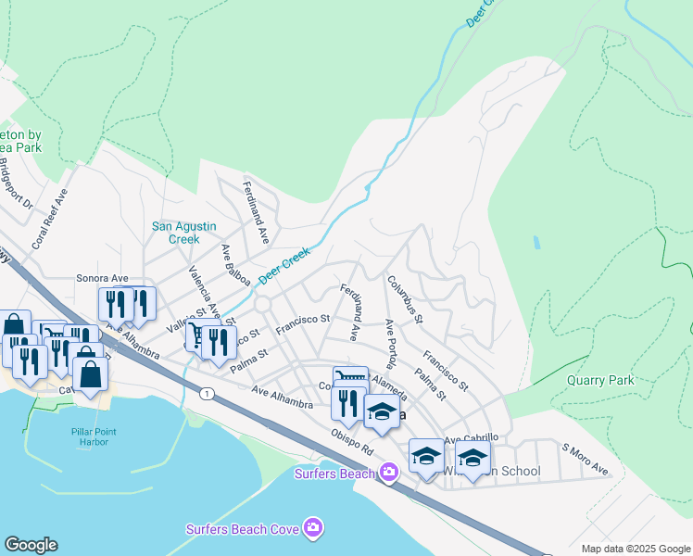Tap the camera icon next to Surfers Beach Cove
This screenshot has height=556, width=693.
314,527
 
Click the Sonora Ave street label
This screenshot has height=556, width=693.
102,278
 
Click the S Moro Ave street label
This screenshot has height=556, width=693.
586,461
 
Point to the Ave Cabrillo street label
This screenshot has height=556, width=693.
472,438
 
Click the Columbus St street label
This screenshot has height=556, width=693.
405,299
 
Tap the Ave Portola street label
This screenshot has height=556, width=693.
390,344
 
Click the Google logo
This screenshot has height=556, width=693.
31,545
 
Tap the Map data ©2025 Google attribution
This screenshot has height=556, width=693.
635,549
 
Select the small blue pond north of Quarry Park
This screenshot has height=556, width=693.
536,244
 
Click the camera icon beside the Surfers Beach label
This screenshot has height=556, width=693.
387,474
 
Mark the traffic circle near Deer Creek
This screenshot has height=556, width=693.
262,304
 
